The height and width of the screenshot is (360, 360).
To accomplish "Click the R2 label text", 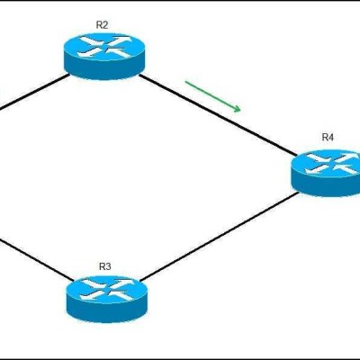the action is coord(102,25).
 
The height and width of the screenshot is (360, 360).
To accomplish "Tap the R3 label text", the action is coord(105,266).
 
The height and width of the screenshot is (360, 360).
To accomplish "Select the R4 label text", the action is coord(328,138).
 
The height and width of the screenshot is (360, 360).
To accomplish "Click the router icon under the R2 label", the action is coord(104,56).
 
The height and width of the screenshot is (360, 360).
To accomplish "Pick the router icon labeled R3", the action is coord(107,299).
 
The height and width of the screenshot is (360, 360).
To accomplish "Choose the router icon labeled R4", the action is coord(326,173).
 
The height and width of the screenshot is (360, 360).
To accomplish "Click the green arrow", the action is coord(213,96).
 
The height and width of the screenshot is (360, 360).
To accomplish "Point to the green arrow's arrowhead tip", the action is coord(240,111).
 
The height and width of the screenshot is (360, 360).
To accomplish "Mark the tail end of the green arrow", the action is coord(185,81).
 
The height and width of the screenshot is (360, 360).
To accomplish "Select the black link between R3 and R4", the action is coord(220,237).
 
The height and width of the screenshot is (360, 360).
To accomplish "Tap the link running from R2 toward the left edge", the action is coord(34,92).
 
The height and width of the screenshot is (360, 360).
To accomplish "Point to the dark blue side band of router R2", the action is coord(104,69).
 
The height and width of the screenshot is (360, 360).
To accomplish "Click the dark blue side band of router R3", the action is coord(107,312).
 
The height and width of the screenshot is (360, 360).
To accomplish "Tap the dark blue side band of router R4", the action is coord(326,186).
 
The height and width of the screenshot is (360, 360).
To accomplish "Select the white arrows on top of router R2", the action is coord(104,47).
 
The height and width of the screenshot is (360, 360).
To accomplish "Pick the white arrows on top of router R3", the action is coord(107,290).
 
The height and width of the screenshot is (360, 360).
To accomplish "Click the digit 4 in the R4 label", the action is coord(330,138).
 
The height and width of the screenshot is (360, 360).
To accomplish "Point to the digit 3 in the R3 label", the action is coord(108,266).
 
